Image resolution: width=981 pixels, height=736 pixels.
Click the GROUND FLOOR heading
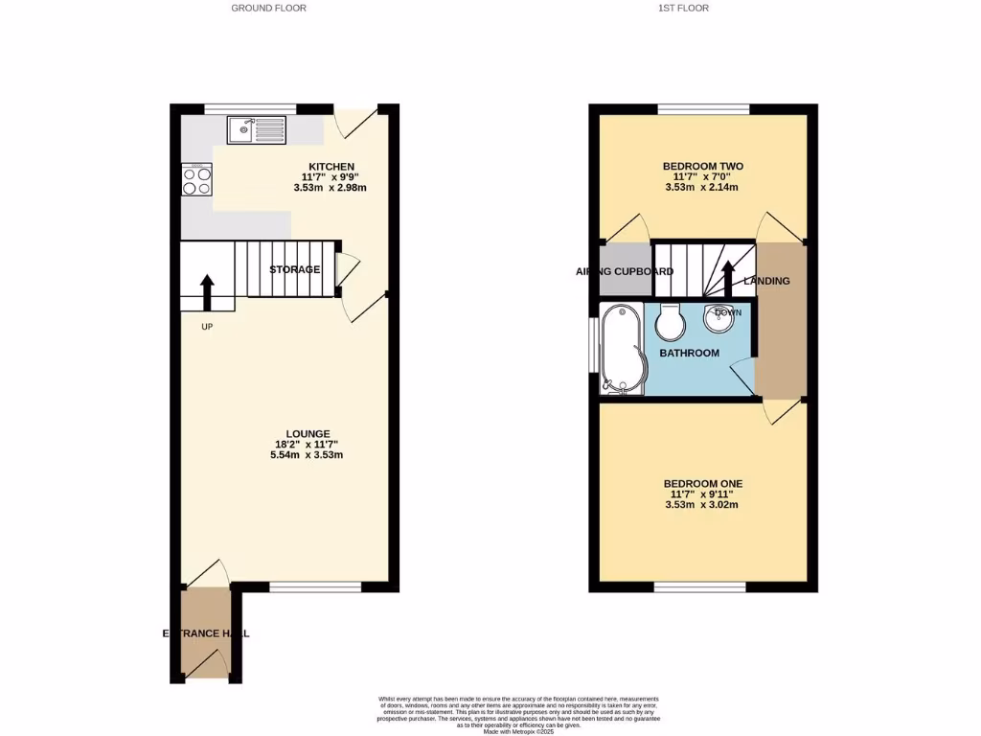(x=268, y=8)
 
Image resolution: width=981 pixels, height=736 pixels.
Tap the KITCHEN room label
(x=331, y=166)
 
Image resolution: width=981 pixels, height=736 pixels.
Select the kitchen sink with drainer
(x=256, y=130)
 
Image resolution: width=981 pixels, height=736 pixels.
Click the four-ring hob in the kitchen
(x=195, y=180)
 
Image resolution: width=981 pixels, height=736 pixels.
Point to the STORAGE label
(x=294, y=269)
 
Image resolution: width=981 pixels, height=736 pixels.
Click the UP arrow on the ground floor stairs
(x=207, y=291)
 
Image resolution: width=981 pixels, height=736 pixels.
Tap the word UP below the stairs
(x=207, y=327)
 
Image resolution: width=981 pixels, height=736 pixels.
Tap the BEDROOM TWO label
(x=702, y=166)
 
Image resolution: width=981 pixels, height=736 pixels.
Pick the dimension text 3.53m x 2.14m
(x=702, y=188)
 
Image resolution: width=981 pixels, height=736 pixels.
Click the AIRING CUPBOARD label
(x=625, y=271)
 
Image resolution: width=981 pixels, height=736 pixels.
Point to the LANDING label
(x=767, y=281)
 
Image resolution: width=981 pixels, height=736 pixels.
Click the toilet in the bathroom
(x=671, y=323)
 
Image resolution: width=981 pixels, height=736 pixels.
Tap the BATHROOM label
(x=689, y=353)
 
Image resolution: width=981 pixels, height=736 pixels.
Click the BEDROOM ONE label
(x=702, y=483)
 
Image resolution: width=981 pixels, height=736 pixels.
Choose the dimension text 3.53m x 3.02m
(x=702, y=505)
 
